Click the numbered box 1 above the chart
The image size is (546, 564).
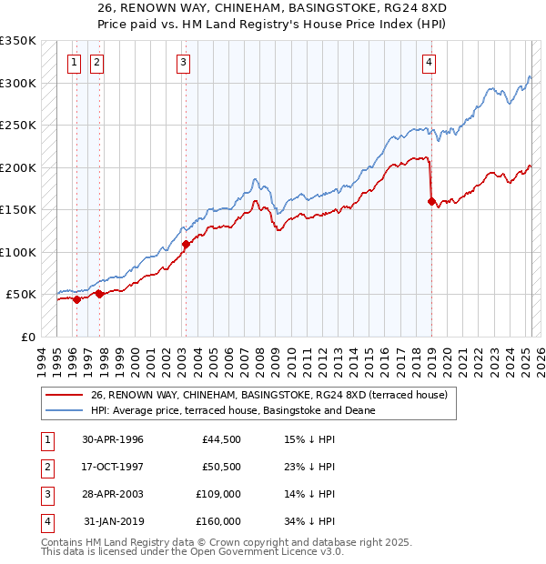pos(73,63)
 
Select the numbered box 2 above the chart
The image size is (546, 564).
pos(96,63)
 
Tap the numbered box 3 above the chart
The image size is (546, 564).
pos(184,63)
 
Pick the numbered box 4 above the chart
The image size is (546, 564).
pos(428,63)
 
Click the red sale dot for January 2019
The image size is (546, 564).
pos(431,202)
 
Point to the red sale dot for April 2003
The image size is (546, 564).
pos(186,245)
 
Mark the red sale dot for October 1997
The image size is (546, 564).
pos(99,294)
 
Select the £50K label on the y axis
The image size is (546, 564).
pos(21,295)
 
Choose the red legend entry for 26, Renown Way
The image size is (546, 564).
pos(268,396)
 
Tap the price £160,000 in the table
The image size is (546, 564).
pos(218,521)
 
